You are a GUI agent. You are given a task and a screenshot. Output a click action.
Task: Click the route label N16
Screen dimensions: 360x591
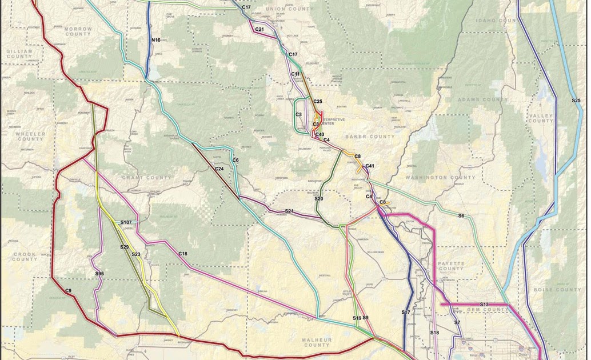[156, 40]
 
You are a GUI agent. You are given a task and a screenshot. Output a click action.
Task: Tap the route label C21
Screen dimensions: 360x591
[259, 29]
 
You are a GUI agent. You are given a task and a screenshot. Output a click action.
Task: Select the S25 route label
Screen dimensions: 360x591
[576, 101]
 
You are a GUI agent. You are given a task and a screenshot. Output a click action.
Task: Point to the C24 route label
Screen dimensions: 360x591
[219, 169]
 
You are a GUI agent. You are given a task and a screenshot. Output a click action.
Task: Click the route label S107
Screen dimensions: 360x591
[126, 222]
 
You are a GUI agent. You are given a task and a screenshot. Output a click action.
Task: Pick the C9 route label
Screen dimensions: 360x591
[68, 291]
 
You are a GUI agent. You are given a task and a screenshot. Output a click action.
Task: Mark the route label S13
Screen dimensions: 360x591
[485, 305]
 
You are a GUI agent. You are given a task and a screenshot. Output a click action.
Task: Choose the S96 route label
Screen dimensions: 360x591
[99, 274]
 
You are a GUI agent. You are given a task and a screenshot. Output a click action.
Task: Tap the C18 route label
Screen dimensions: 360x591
[183, 254]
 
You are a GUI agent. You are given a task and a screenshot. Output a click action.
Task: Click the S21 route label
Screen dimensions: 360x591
[289, 211]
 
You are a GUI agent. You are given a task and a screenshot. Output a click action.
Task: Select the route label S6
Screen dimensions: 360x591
[461, 215]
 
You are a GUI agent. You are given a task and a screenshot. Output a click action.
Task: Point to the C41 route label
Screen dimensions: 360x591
[370, 166]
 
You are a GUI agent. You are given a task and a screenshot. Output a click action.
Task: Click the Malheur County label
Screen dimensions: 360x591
[316, 342]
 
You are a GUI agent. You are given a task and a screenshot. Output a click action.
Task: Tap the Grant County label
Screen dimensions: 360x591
[146, 178]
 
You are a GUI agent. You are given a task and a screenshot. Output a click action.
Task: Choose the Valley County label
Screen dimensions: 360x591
[541, 118]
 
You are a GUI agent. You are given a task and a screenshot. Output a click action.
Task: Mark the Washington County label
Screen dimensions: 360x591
[440, 178]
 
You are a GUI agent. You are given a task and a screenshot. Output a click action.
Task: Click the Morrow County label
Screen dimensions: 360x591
[78, 31]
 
